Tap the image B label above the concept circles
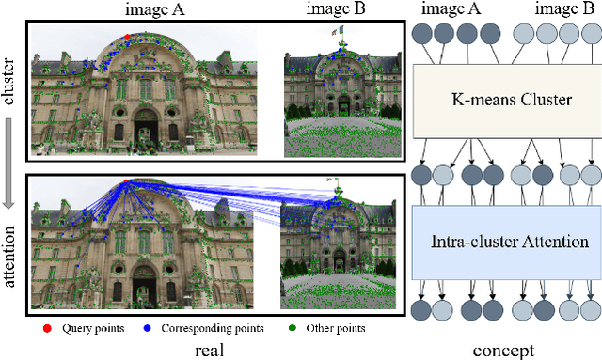[567, 9]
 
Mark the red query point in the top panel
[127, 37]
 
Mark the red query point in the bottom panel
[125, 181]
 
